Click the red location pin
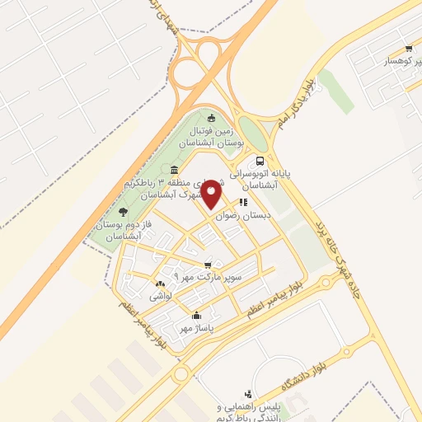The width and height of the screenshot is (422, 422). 212,194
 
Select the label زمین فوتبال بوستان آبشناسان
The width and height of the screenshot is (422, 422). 213,137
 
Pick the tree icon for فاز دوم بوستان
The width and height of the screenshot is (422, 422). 123,212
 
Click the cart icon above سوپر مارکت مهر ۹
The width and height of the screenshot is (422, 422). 218,265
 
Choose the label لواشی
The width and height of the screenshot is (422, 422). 159,296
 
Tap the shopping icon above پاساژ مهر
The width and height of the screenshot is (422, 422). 196,315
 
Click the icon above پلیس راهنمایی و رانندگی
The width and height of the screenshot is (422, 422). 248,394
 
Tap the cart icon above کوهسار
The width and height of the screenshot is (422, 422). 407,48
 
